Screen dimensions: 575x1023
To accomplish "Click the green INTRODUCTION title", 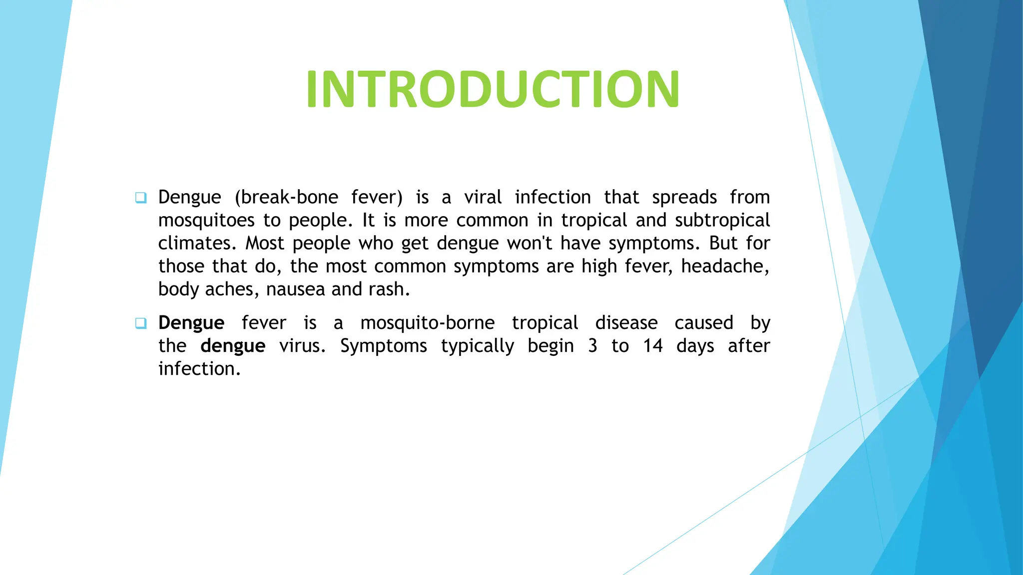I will pos(493,89).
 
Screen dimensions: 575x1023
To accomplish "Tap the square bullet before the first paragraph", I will pos(141,198).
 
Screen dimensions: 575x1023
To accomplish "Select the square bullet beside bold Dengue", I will pos(141,323).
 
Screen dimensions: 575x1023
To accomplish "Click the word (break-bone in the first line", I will pos(286,197).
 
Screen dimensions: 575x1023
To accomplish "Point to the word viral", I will pos(483,197).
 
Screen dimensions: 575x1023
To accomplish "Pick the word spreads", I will pos(684,197).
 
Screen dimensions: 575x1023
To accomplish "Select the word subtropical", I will pos(722,220).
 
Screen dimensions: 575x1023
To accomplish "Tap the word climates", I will pos(197,243).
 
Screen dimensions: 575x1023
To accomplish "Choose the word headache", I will pos(725,266).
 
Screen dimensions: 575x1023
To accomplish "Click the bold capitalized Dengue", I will pos(191,323).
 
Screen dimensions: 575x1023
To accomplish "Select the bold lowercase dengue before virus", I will pos(233,346).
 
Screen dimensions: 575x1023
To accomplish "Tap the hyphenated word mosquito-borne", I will pos(428,323).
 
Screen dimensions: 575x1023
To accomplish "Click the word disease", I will pos(626,323).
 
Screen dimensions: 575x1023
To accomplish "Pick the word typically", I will pos(478,346).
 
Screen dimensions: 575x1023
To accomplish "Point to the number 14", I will pos(653,346).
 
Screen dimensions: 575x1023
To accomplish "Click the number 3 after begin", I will pos(593,346).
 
